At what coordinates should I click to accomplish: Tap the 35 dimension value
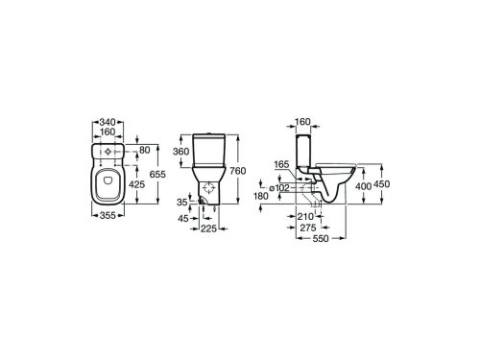[x=183, y=204]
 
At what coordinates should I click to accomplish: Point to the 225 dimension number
[x=208, y=228]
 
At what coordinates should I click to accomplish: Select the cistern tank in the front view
[x=208, y=152]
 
